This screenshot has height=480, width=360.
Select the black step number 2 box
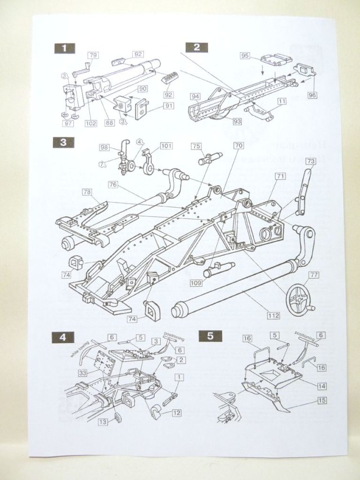[x=196, y=47]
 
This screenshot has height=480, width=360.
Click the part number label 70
[x=238, y=145]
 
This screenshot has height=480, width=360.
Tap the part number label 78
[x=87, y=192]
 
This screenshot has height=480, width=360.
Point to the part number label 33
[x=83, y=373]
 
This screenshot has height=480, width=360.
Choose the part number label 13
[x=103, y=421]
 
